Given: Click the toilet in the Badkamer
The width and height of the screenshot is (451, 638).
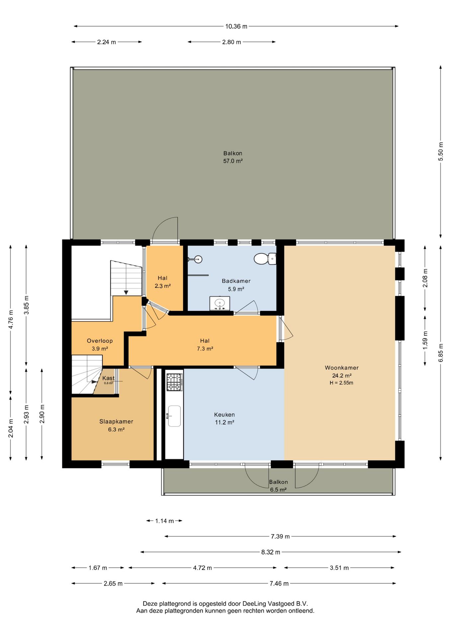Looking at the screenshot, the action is click(265, 259).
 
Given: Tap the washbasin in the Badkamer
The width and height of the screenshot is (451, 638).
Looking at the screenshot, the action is click(220, 303).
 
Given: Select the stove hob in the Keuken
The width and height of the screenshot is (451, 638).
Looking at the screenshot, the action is click(174, 382).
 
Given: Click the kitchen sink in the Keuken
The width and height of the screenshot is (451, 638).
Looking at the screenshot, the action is click(174, 416).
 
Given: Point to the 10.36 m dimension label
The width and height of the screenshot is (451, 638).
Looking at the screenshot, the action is click(236, 27).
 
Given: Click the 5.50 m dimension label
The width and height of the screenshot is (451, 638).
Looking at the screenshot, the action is click(441, 152).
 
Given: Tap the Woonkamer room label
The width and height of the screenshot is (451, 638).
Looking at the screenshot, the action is click(342, 368).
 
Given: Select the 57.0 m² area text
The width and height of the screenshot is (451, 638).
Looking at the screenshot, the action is click(233, 161).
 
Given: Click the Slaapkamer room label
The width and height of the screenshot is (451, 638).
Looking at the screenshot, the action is click(116, 422).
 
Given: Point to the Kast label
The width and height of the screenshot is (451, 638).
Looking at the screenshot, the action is click(108, 378).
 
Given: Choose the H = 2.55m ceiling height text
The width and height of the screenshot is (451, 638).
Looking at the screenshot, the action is click(341, 383).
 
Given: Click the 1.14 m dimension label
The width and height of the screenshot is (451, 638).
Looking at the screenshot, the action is click(164, 521).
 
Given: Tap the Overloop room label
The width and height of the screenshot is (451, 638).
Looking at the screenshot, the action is click(100, 341).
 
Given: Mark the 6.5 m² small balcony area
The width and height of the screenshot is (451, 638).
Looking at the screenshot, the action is click(278, 490).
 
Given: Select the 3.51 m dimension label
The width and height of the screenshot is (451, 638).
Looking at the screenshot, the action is click(339, 568).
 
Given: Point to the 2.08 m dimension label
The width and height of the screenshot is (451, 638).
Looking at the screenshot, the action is click(425, 278).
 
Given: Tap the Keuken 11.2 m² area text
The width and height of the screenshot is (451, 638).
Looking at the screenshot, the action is click(225, 423).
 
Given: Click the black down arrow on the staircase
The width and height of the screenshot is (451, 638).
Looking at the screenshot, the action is click(126, 292).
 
